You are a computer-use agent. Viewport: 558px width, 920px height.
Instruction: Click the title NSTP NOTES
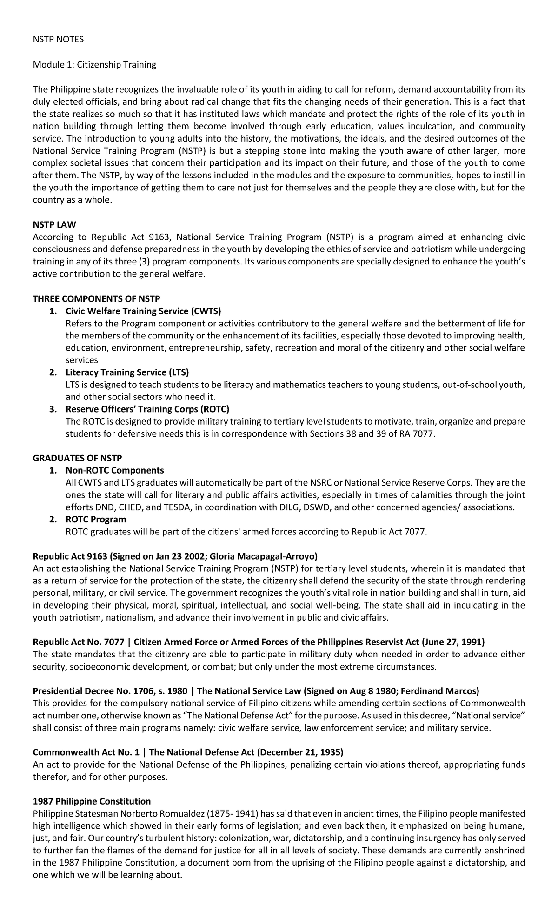pos(58,40)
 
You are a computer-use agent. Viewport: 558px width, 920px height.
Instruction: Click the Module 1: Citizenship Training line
pos(94,64)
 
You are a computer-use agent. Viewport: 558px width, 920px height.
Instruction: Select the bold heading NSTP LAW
pos(54,225)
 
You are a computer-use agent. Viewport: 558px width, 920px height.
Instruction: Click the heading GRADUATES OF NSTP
pos(77,458)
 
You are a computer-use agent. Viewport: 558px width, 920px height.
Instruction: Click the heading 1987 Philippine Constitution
pos(92,801)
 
